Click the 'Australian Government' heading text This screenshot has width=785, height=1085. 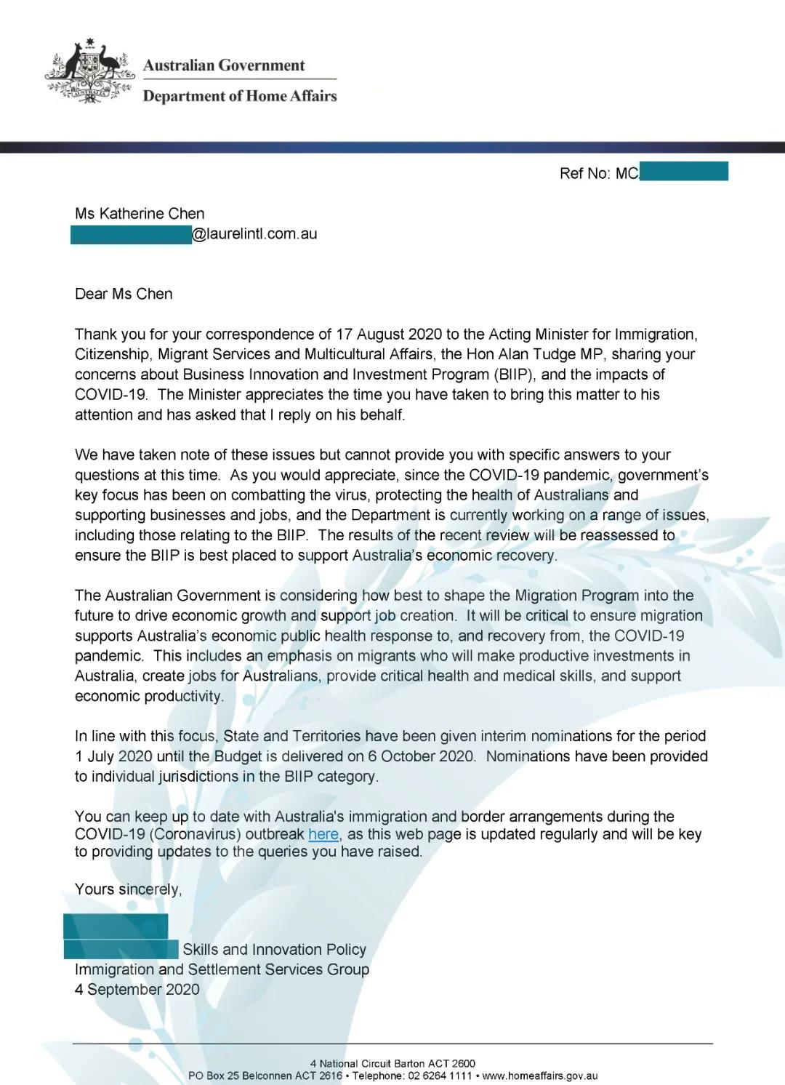[x=224, y=65]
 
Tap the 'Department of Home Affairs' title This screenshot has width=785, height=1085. [x=240, y=96]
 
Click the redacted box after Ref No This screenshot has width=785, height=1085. [x=683, y=172]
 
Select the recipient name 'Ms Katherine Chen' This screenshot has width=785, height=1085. [x=140, y=214]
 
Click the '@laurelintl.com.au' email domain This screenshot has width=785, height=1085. [x=254, y=234]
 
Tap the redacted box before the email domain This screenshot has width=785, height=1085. [x=131, y=235]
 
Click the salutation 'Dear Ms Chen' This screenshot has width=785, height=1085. [x=124, y=294]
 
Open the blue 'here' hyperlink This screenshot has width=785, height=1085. [x=323, y=835]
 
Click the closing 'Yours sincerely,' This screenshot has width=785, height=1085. [x=128, y=889]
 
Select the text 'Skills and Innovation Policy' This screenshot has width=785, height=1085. [x=274, y=950]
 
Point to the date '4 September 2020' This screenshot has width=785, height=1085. [x=137, y=990]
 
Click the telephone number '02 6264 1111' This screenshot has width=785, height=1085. [x=440, y=1076]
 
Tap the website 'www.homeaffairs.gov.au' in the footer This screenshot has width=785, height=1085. [x=540, y=1076]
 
